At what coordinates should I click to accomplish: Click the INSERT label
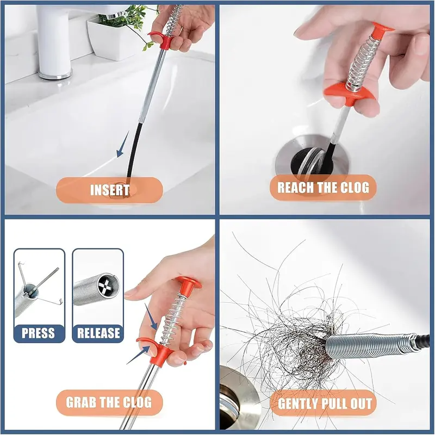pos(109,190)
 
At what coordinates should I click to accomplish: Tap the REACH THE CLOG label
pos(323,188)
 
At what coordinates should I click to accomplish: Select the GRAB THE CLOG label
pos(108,403)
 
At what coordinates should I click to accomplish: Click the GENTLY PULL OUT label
pos(325,403)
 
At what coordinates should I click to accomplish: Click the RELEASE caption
pos(98,333)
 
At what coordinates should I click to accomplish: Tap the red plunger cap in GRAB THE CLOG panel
pos(187,283)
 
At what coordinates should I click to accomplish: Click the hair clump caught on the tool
pos(283,337)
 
